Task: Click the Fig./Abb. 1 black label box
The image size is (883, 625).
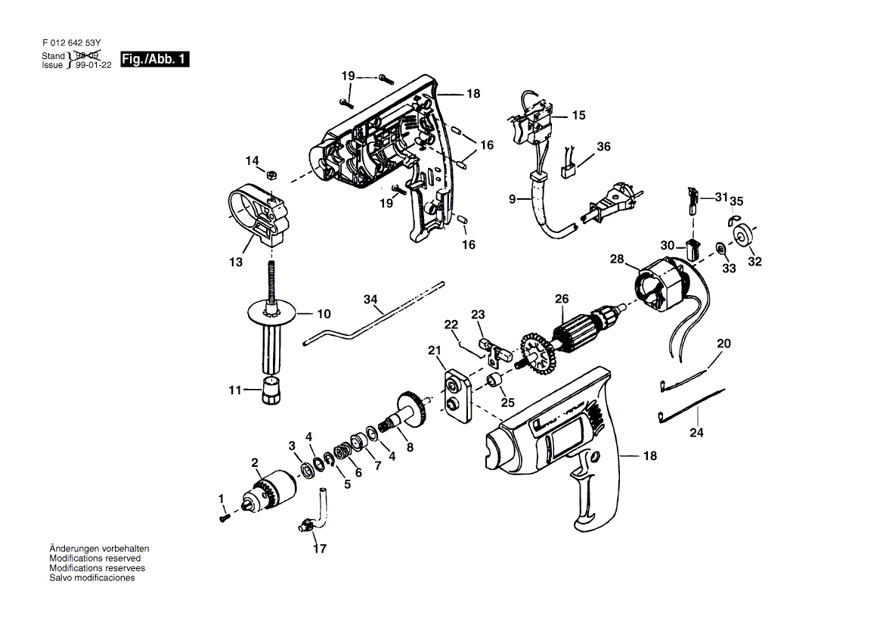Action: coord(155,59)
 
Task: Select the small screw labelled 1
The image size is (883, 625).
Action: coord(224,516)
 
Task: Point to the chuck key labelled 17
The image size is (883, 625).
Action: coord(313,511)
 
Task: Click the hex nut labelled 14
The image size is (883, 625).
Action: coord(270,174)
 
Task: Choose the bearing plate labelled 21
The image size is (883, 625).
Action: coord(458,395)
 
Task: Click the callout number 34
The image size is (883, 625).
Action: coord(370,299)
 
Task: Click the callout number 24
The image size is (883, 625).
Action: coord(696,432)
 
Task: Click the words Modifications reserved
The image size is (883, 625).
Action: coord(94,558)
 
